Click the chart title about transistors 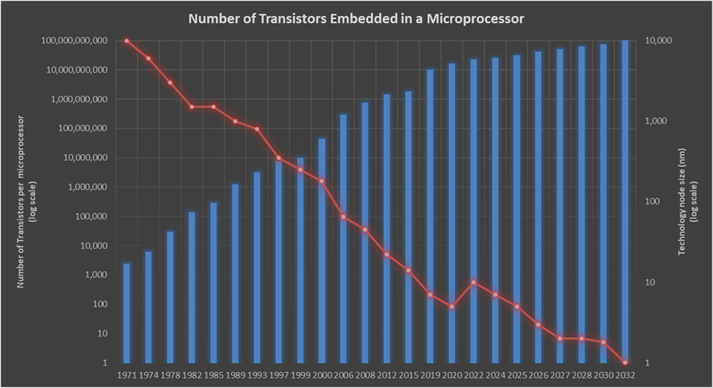356,18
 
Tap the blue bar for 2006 343,238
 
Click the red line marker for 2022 473,282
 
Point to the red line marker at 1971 126,41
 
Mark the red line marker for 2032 624,362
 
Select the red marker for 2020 452,307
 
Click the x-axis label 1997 278,375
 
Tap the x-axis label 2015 408,375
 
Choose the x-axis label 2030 603,375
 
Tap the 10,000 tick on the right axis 658,40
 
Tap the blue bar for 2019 429,216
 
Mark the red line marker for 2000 322,181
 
